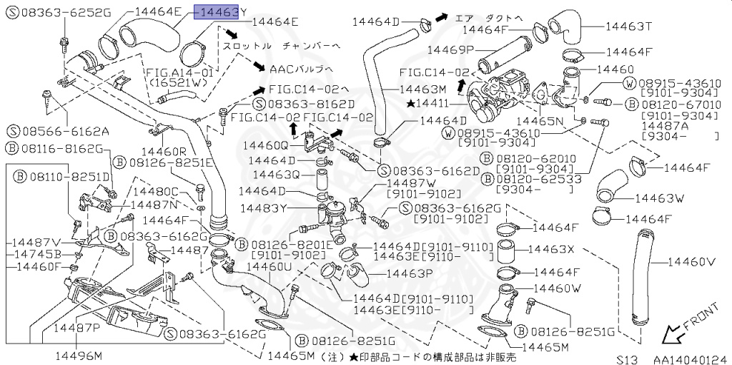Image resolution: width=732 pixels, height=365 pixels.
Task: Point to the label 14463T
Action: [x=629, y=26]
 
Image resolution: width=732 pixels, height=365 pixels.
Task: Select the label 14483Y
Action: [x=262, y=209]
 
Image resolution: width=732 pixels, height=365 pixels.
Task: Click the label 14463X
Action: [x=551, y=249]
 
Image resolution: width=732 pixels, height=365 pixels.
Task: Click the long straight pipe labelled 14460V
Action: [x=643, y=279]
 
